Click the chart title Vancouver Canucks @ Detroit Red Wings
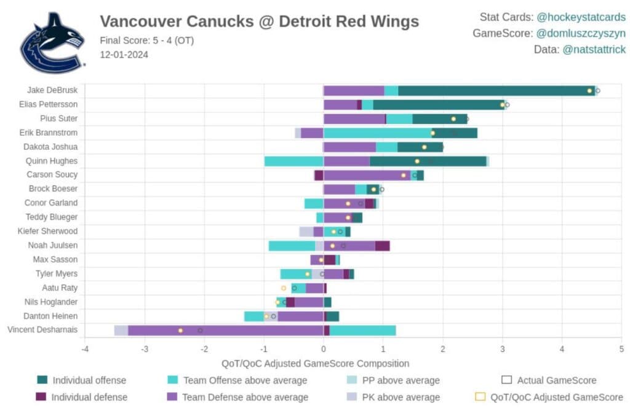(259, 22)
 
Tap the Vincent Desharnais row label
(42, 330)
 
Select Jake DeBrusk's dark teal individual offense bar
(496, 91)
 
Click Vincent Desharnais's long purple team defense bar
(225, 331)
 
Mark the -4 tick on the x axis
(85, 349)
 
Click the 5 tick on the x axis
(621, 349)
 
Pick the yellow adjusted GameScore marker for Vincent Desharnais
(180, 331)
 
